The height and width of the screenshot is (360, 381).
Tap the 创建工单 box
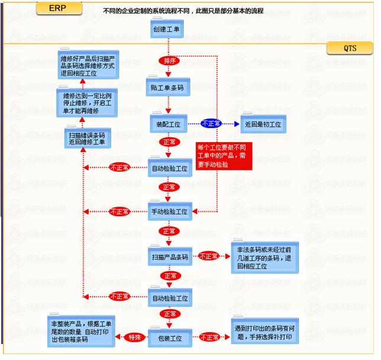(168, 30)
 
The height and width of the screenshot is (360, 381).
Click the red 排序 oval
(169, 60)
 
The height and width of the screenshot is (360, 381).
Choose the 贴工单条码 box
(168, 87)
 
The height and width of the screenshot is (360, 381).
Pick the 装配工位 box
(168, 124)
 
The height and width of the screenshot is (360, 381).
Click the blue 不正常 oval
(211, 124)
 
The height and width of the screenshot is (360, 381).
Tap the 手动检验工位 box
(169, 211)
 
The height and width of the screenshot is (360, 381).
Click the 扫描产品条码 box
(169, 257)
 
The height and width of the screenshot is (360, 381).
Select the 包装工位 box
(169, 338)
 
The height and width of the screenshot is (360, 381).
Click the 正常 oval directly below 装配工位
(168, 142)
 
